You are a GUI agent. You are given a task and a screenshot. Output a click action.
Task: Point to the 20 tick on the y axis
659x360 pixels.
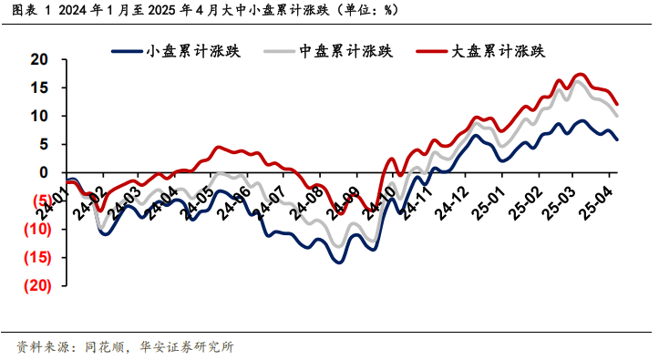37,60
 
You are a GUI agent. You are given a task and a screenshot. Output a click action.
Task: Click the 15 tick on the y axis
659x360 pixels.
37,88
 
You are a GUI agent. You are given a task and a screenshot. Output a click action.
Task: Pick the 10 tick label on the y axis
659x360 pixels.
37,117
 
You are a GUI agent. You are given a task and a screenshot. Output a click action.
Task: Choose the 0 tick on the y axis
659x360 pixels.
42,172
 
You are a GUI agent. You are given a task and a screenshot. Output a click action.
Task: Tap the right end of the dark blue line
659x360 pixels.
617,139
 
